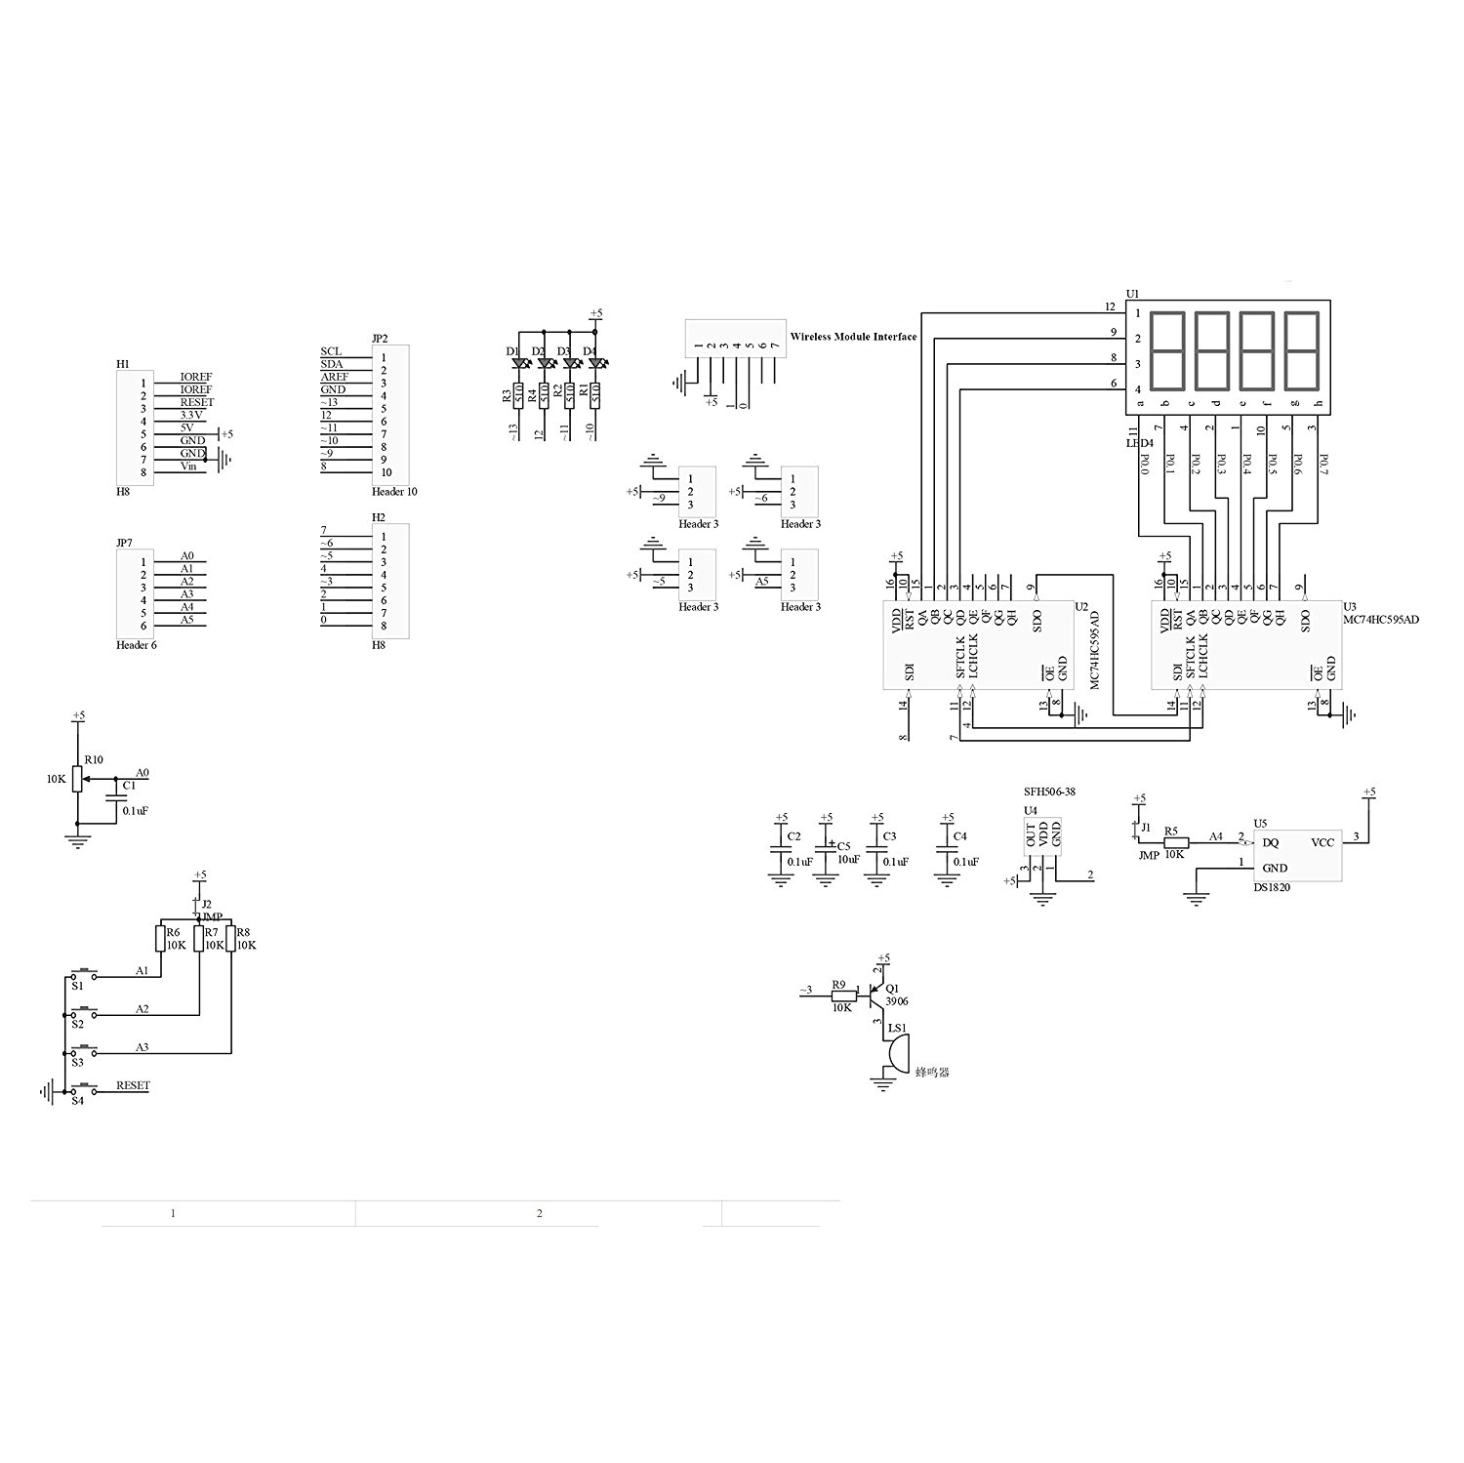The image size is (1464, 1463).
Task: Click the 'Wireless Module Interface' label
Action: click(853, 337)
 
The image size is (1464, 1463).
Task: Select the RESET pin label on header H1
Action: click(197, 402)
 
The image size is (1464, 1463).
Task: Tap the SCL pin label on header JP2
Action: click(331, 351)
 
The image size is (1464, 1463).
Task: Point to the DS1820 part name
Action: click(1272, 888)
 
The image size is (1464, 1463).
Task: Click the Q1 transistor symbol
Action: click(875, 996)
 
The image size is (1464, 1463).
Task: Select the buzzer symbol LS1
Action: click(896, 1054)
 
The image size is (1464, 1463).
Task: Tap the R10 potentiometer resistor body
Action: click(78, 780)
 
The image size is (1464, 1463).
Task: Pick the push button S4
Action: click(86, 1089)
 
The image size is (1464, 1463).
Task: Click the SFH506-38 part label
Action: click(1049, 792)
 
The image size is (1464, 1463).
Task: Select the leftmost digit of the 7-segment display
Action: click(1168, 350)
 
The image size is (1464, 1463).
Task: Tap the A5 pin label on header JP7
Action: click(186, 620)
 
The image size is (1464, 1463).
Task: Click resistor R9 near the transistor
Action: click(839, 996)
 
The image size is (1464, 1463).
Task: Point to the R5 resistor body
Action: click(1175, 842)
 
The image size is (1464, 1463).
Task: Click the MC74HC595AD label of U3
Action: click(1381, 620)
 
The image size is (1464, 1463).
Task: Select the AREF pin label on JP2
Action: click(335, 377)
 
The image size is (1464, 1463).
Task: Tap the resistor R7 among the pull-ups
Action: click(199, 939)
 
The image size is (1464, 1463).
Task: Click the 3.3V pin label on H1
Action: click(193, 415)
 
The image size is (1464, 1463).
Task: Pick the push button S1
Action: click(86, 974)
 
